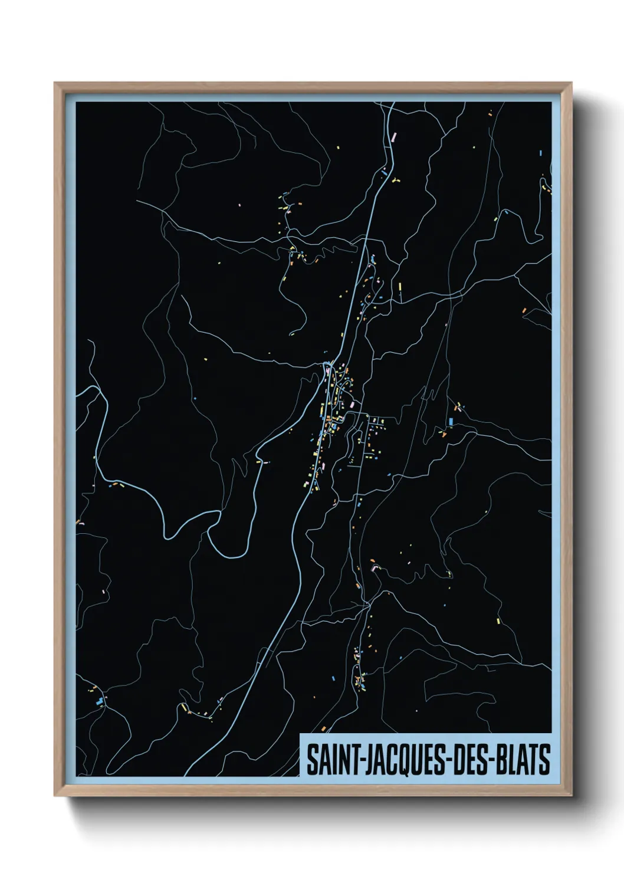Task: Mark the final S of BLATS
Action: (545, 759)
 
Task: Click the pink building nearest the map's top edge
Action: (394, 136)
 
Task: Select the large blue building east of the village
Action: (451, 422)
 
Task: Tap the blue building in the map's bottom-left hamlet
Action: (100, 701)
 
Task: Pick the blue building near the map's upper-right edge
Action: (540, 153)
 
